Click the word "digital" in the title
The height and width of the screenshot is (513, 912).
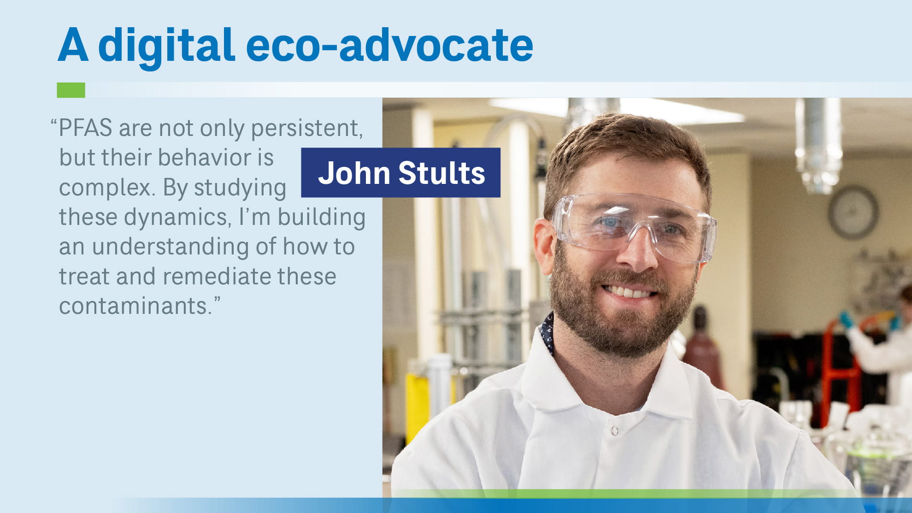[166, 46]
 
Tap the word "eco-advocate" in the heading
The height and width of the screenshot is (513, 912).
[389, 46]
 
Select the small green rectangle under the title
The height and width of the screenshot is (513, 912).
[71, 90]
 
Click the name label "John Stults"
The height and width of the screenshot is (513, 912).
[400, 173]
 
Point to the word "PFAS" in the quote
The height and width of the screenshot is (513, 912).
[86, 128]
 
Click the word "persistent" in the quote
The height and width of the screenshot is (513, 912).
[306, 129]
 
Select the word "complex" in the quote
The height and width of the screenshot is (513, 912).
[106, 188]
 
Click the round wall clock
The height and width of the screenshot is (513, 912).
[853, 212]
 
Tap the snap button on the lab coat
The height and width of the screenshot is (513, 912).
[614, 430]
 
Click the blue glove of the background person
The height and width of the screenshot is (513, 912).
[846, 319]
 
